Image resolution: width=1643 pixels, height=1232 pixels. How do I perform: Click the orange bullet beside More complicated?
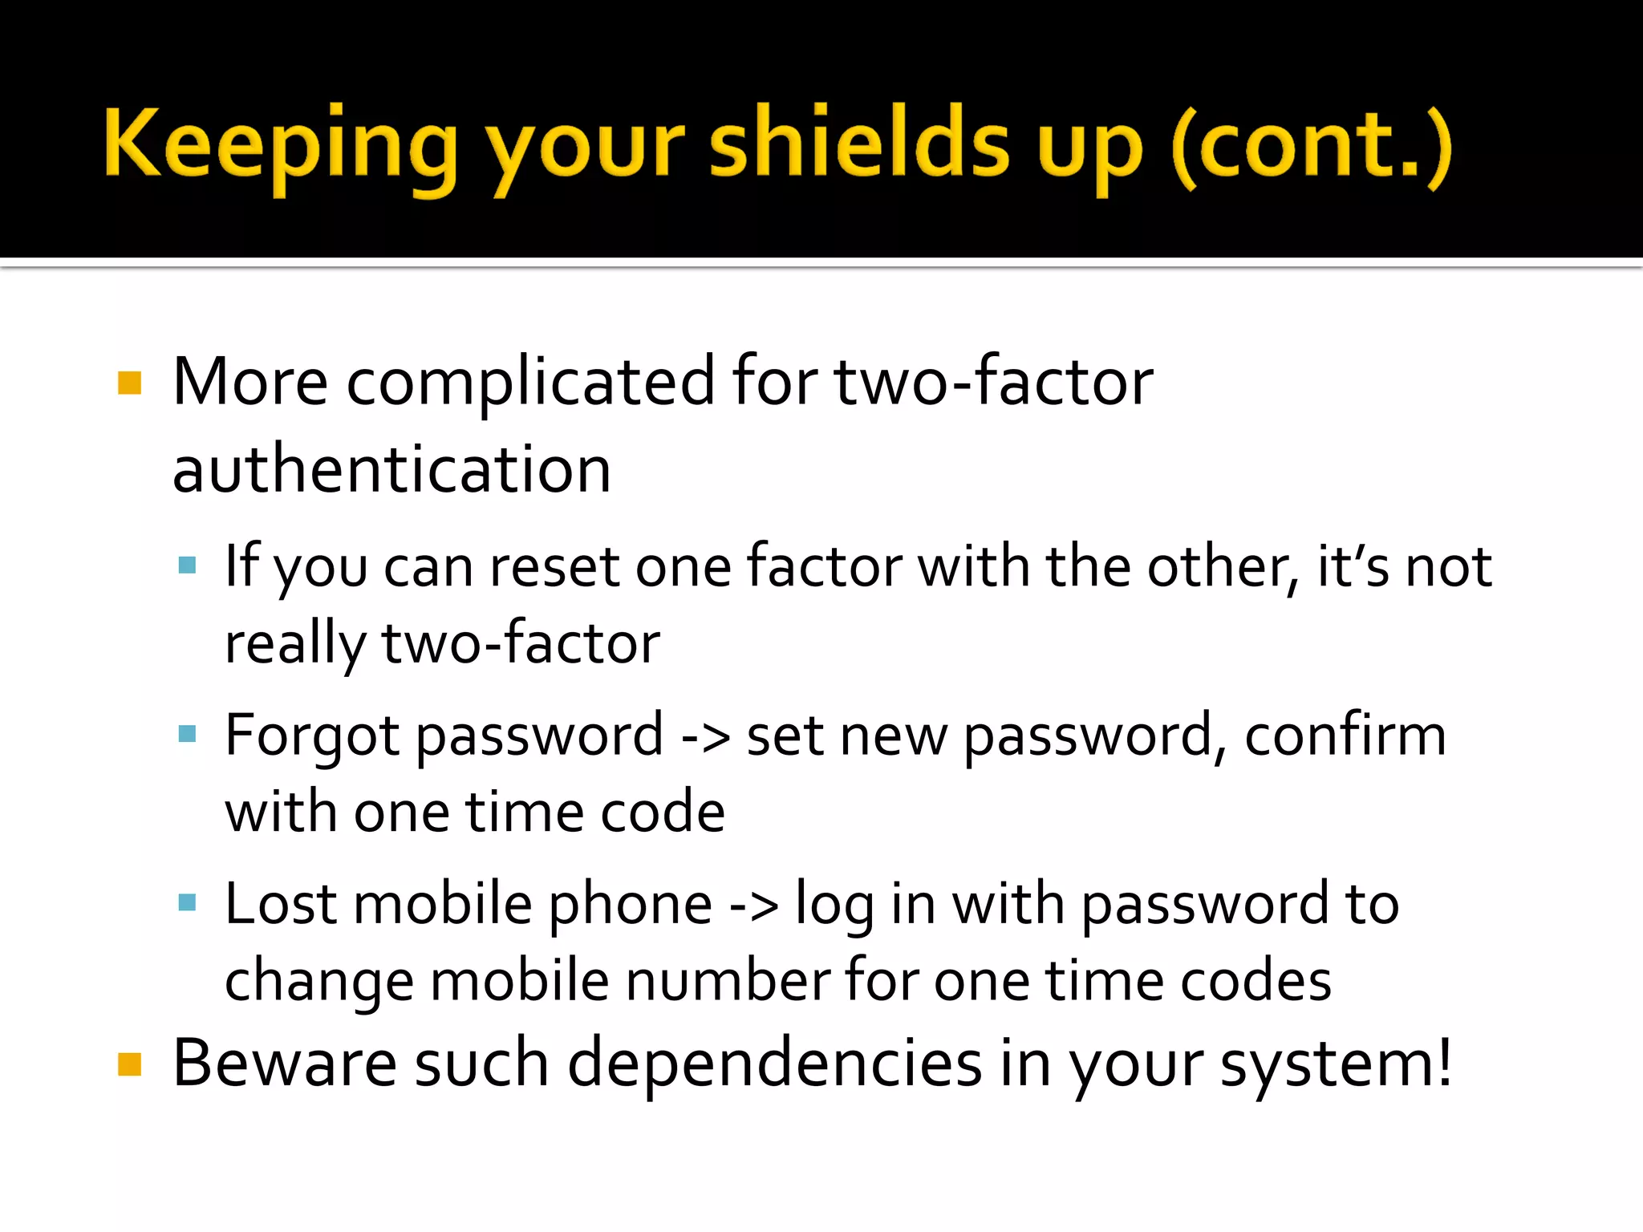click(x=129, y=383)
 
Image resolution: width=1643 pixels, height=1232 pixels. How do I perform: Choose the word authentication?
click(x=391, y=470)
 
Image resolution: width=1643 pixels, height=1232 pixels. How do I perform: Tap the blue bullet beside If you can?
click(x=188, y=565)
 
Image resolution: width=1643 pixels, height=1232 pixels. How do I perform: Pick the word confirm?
click(x=1345, y=736)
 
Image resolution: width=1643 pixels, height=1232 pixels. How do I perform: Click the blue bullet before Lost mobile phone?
click(x=188, y=903)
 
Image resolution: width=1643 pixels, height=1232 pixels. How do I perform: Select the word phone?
click(x=631, y=905)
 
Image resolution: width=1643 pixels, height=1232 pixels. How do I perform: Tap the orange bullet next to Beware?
click(x=129, y=1064)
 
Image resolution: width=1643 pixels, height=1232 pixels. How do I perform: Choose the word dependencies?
click(x=774, y=1064)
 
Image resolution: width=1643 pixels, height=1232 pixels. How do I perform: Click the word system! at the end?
click(x=1336, y=1064)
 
